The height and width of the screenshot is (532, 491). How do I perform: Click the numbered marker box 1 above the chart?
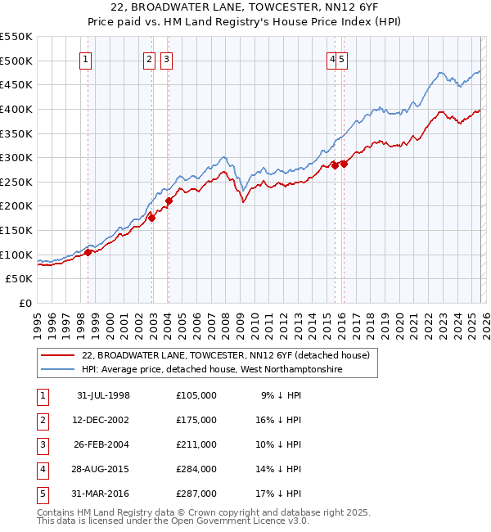(x=86, y=58)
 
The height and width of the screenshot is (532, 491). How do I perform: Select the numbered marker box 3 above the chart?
(x=166, y=58)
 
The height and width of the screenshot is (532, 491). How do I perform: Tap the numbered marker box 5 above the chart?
(x=341, y=58)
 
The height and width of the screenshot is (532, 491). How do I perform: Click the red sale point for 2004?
(x=169, y=201)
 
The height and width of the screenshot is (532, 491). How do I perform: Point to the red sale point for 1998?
(x=88, y=252)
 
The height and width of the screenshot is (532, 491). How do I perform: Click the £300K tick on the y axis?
(x=16, y=157)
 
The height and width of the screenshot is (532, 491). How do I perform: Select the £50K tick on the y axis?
(x=20, y=279)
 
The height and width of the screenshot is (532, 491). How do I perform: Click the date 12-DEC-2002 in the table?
(x=103, y=420)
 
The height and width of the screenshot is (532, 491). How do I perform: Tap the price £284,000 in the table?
(x=196, y=469)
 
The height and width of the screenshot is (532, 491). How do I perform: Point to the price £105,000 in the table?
(x=196, y=395)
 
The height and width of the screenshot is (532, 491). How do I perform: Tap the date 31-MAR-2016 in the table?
(x=103, y=494)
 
